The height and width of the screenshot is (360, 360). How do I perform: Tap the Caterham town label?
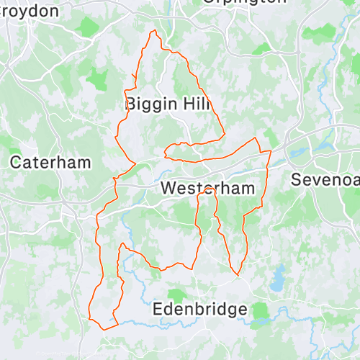[50, 163]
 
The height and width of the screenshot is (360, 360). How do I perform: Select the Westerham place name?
[208, 189]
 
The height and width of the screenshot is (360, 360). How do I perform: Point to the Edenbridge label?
[200, 310]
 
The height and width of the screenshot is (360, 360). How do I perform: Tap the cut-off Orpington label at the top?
[238, 2]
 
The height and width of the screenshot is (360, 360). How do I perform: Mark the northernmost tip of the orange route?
[153, 31]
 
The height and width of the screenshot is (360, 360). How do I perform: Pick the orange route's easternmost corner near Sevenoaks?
[271, 151]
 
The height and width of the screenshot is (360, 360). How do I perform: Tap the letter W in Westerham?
[168, 189]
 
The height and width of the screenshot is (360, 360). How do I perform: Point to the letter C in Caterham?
[15, 163]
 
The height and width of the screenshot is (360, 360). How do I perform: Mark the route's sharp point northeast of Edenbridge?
[237, 275]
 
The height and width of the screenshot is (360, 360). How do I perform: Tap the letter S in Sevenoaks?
[297, 179]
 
